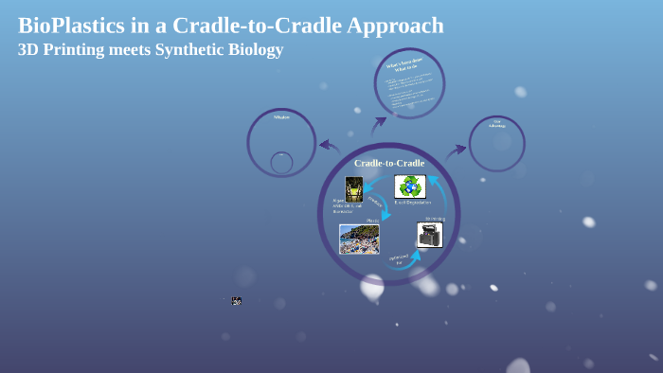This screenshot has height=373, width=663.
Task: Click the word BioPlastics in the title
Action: point(72,27)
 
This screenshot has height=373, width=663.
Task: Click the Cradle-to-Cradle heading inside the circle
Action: point(389,163)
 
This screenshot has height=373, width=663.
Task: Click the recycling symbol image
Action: point(410,186)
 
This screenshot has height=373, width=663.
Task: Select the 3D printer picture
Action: point(429,235)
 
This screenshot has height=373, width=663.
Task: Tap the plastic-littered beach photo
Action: point(359,239)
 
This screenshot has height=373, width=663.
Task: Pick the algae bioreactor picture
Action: point(354,188)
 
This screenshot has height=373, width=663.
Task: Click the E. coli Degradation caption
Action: point(412,203)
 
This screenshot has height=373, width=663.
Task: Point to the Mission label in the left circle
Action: point(281,117)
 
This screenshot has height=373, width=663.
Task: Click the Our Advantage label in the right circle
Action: point(496,123)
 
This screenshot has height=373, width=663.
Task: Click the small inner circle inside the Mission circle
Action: point(281,163)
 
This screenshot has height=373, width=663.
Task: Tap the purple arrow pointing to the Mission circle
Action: point(329,146)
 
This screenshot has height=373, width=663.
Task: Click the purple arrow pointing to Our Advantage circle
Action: point(456,151)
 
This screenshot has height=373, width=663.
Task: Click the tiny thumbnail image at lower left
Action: point(236,300)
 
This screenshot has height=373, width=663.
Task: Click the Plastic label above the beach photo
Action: point(372,221)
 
